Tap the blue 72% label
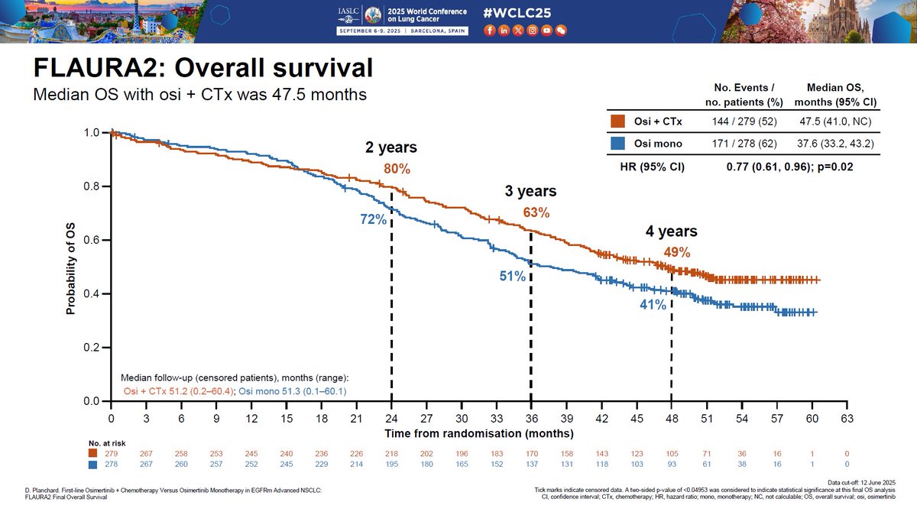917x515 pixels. pyautogui.click(x=373, y=220)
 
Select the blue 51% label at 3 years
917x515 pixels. pyautogui.click(x=513, y=277)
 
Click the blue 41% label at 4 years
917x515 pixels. pyautogui.click(x=653, y=306)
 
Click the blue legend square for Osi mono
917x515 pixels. pyautogui.click(x=617, y=143)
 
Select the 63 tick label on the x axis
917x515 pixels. pyautogui.click(x=846, y=419)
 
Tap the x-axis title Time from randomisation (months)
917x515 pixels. pyautogui.click(x=478, y=433)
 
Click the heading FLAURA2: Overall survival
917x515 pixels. pyautogui.click(x=203, y=68)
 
